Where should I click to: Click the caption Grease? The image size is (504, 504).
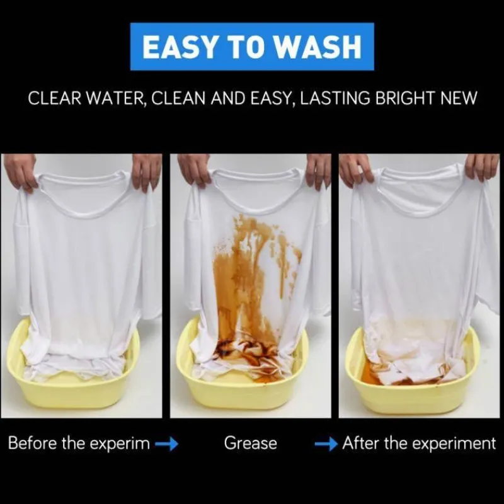point(250,443)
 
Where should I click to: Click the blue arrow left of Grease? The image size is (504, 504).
point(166,444)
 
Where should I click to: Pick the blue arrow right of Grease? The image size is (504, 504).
point(326,444)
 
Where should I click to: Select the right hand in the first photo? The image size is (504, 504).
point(146,172)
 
